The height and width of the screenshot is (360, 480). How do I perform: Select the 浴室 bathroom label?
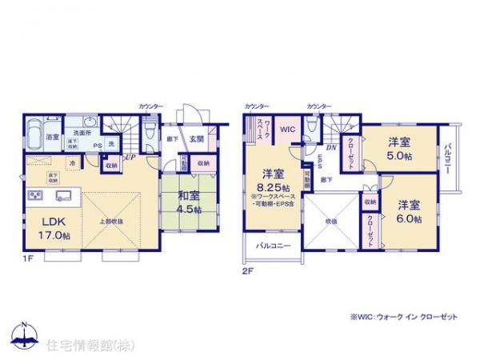(x=52, y=137)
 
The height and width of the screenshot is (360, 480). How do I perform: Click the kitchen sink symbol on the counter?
(x=64, y=194)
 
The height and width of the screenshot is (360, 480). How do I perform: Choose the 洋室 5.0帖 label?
(x=400, y=150)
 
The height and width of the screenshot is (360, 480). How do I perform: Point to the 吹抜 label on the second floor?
(x=330, y=221)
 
